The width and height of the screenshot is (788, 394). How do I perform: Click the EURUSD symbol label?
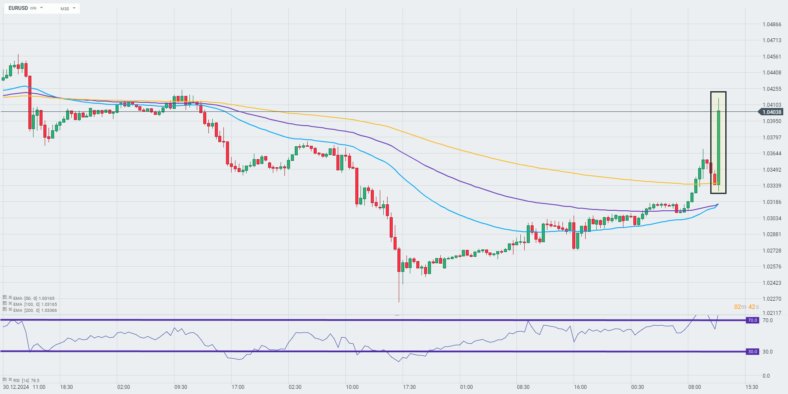coord(18,8)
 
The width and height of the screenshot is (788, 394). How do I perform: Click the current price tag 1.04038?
coord(772,112)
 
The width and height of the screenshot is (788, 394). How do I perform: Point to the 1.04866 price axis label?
coord(772,24)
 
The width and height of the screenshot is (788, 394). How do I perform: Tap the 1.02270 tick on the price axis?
coord(772,299)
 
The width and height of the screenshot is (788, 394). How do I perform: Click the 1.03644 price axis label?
coord(772,154)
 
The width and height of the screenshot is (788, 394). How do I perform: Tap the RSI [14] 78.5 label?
coord(26,380)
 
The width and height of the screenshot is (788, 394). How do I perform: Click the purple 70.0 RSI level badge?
coord(752,320)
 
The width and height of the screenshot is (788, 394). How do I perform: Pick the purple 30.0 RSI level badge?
coord(752,352)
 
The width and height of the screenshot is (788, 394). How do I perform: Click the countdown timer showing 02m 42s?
coord(746,307)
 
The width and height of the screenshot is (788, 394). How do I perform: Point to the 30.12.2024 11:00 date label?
coord(24,387)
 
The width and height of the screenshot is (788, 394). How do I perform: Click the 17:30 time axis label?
coord(409,387)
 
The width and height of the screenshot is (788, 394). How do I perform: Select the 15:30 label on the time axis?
coord(751,387)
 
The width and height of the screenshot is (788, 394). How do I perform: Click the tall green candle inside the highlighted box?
coord(718,146)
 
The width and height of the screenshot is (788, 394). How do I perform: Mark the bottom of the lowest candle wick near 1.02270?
coord(399,302)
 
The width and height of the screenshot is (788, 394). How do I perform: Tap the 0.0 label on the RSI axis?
coord(766,376)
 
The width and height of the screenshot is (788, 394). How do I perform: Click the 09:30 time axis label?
coord(180,387)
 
